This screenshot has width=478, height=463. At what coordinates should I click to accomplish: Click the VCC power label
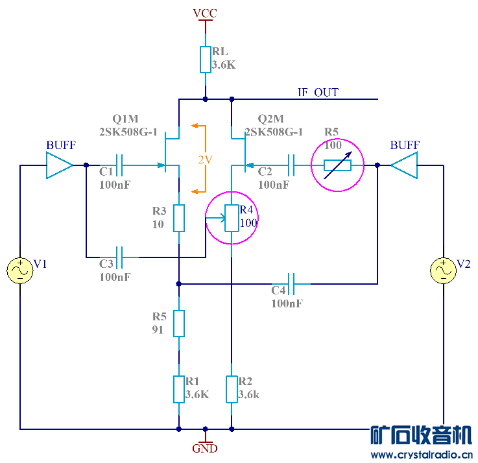click(206, 13)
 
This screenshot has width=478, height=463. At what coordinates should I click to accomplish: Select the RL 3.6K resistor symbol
click(206, 59)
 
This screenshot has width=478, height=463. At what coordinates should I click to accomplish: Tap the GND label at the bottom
click(206, 448)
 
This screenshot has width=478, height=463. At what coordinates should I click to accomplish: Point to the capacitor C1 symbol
click(119, 165)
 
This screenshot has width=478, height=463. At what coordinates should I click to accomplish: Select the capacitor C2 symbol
click(291, 165)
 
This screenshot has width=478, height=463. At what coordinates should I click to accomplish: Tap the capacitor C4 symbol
click(291, 283)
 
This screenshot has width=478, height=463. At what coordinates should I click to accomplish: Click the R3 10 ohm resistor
click(179, 218)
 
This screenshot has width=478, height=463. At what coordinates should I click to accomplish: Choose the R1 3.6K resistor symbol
click(179, 389)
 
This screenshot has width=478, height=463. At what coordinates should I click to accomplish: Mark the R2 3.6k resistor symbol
click(232, 389)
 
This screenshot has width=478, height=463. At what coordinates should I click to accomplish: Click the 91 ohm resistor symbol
click(179, 323)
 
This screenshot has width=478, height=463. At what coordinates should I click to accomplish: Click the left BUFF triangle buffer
click(58, 165)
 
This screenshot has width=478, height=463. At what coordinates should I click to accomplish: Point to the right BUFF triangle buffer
click(405, 165)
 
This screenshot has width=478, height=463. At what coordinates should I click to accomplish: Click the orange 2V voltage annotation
click(205, 159)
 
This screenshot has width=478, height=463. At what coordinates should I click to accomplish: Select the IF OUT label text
click(318, 93)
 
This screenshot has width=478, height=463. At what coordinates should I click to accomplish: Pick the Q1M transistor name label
click(125, 119)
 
